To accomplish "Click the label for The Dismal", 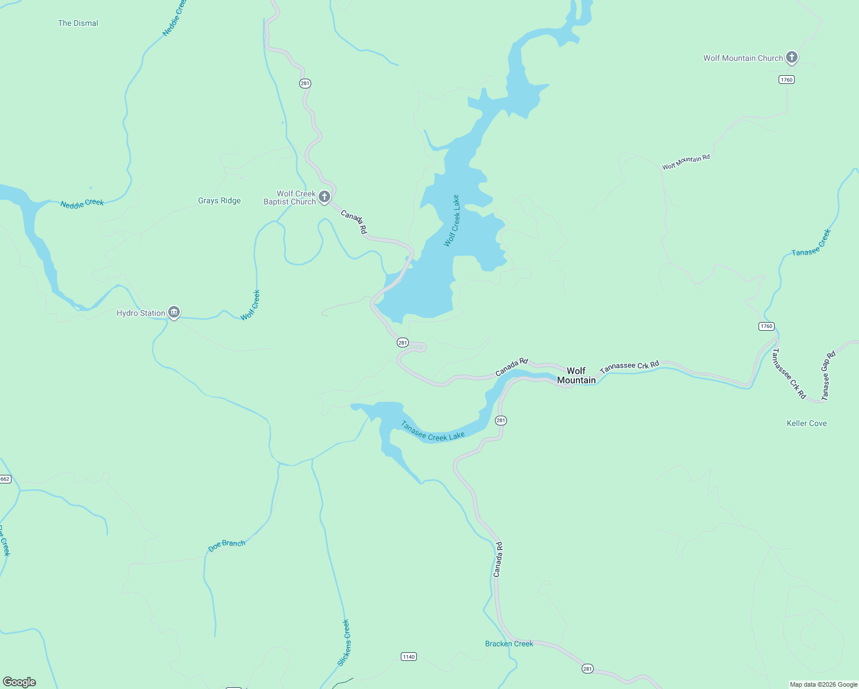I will (x=78, y=23).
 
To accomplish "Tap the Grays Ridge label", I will (x=219, y=200).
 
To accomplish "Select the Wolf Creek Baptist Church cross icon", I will (x=324, y=197).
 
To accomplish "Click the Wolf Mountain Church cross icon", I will (x=792, y=57).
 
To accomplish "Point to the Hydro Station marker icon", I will (x=174, y=312).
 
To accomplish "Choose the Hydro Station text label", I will (x=141, y=313).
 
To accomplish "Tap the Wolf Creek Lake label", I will (x=452, y=221).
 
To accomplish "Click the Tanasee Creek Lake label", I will (x=432, y=431).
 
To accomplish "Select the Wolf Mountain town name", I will (x=576, y=376).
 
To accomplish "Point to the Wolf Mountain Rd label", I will (x=686, y=162).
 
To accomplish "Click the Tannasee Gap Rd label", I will (x=828, y=376).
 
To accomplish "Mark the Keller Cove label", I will (x=807, y=423).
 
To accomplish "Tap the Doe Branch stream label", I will (x=227, y=545).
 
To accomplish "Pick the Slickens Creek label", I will (x=343, y=642).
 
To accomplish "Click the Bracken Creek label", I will (x=509, y=644).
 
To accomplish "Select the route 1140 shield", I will (x=408, y=656).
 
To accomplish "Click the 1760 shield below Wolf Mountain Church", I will (x=787, y=79).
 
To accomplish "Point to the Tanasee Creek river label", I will (x=811, y=243).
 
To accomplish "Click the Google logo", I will (x=20, y=682).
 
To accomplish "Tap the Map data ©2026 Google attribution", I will (x=823, y=684).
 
